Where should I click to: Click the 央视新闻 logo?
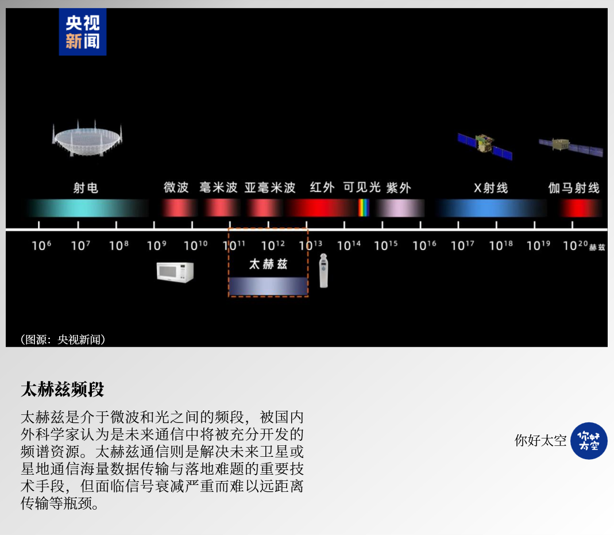83,32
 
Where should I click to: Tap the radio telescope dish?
87,138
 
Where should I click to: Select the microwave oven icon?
175,272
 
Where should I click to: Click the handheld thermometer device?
323,271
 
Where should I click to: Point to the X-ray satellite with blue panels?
485,146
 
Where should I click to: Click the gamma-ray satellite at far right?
571,147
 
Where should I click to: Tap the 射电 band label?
86,188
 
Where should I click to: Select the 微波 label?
176,187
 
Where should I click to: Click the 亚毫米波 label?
270,187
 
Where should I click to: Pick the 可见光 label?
362,187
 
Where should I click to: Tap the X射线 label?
491,188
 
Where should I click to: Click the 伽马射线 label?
574,188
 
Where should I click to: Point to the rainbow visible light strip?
364,207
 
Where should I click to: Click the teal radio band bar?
88,207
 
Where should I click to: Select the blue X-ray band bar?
491,207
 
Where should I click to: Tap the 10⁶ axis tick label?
41,245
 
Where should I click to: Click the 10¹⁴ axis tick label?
349,245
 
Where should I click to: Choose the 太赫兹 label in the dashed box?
268,264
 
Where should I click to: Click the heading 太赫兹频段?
63,389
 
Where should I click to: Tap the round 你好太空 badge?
589,441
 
